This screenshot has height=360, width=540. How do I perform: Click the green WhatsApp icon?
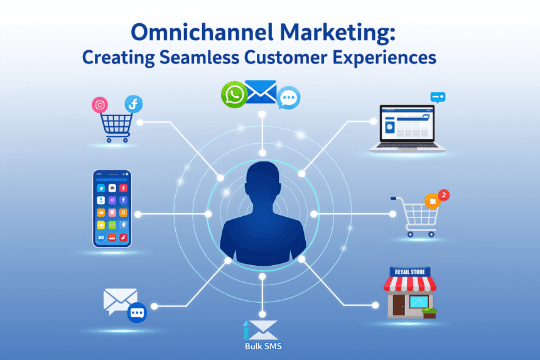pos(234,95)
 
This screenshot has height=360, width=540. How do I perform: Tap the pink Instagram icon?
pos(100,105)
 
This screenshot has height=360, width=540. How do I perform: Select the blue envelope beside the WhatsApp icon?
pos(261,92)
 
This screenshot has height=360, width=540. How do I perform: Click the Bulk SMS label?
pos(262,346)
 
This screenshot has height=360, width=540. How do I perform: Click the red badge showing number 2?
pos(443,195)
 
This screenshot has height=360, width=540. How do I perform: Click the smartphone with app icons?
pos(112,208)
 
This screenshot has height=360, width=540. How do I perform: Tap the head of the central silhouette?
pos(262,183)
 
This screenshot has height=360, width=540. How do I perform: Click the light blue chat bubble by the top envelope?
pos(288,97)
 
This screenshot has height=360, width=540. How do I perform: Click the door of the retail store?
pos(398,305)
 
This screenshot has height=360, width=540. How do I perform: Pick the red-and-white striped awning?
pos(409,284)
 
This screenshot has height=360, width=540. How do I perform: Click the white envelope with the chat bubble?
pos(120,300)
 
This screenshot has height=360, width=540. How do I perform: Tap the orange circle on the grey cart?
pos(432,201)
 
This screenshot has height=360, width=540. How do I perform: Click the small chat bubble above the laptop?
pos(438,97)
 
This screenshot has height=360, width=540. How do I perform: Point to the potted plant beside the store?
pos(429,312)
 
